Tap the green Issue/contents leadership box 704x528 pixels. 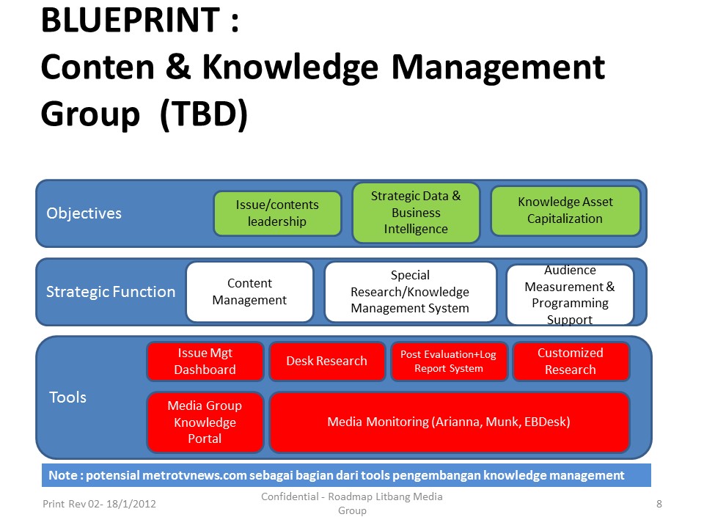point(277,213)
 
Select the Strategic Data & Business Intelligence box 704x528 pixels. point(416,213)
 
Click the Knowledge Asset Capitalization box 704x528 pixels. point(565,210)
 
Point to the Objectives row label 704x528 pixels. point(84,213)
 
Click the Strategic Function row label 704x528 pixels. point(111,292)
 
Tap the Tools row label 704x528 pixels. point(67,397)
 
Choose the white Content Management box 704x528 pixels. point(249,292)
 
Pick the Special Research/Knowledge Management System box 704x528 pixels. point(410,292)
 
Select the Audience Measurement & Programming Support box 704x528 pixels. point(570,294)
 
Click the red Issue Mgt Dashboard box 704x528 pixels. point(205,362)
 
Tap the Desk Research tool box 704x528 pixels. point(326,361)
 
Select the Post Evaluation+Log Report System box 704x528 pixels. point(448,362)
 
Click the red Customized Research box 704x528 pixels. point(570,362)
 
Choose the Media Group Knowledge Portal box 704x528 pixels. point(205,422)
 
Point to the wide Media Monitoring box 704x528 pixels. point(449,422)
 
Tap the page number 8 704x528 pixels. point(659,504)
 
